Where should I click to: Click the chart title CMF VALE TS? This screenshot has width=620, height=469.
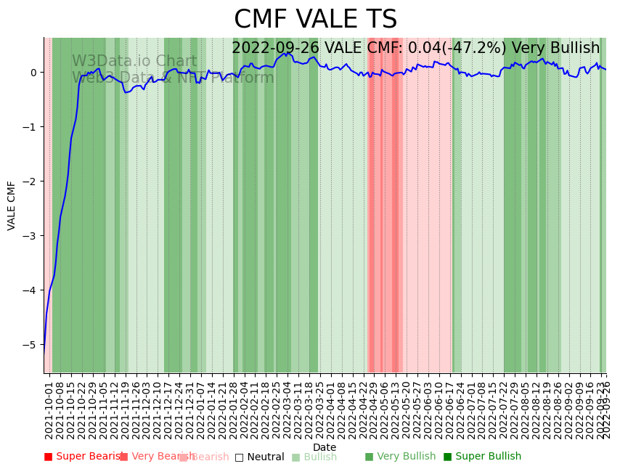(x=315, y=20)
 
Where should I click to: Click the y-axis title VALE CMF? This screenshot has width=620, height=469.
(x=12, y=205)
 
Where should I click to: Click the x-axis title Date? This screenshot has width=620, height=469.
(x=325, y=447)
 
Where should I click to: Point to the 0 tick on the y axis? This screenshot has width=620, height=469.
(x=33, y=73)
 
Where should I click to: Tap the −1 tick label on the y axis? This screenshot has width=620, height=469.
(x=30, y=127)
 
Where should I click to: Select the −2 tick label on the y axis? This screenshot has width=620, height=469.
(x=30, y=182)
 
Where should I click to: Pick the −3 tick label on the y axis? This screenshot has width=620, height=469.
(x=30, y=236)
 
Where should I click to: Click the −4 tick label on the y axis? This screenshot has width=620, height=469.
(x=30, y=290)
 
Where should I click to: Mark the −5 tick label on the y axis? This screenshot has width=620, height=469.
(x=30, y=345)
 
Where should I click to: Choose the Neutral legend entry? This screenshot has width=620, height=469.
(x=259, y=457)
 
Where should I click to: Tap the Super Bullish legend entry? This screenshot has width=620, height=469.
(x=482, y=457)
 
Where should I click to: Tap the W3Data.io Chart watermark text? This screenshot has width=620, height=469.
(x=134, y=62)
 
